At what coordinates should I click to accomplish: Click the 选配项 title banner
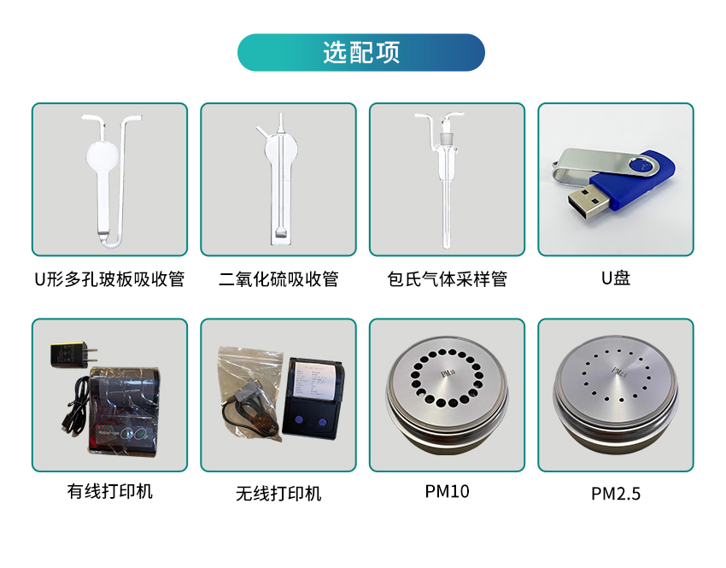[x=361, y=52]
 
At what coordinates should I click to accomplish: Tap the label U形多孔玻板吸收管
[x=109, y=279]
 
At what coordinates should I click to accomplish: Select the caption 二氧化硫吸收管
[x=278, y=279]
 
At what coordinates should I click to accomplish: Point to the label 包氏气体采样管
[x=448, y=279]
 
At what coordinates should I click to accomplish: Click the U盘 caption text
[x=616, y=278]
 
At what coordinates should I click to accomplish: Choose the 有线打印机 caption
[x=109, y=491]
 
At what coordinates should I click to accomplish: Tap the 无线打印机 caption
[x=278, y=494]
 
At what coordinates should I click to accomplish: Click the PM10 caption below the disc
[x=448, y=491]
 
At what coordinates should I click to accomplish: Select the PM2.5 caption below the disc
[x=616, y=494]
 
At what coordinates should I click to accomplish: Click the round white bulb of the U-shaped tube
[x=102, y=155]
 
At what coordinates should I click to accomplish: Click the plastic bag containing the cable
[x=249, y=394]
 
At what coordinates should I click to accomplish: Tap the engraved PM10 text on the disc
[x=448, y=373]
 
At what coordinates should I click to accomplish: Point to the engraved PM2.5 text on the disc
[x=618, y=371]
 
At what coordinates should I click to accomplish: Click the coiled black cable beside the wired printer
[x=75, y=405]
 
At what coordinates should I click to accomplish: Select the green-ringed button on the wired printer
[x=139, y=434]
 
